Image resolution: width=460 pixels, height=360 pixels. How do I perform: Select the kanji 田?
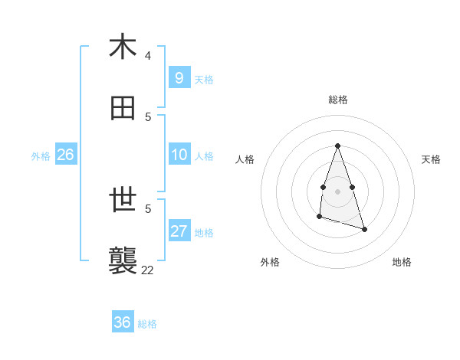[123, 109]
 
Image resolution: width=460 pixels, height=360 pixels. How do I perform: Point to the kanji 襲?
[123, 261]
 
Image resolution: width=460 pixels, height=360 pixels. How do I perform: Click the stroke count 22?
[147, 270]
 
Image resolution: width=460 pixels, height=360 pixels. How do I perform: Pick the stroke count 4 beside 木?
[148, 56]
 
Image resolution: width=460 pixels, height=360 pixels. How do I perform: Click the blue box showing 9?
[179, 78]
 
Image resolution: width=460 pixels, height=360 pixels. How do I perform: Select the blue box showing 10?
[179, 155]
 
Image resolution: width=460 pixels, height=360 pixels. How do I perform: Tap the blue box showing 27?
[179, 231]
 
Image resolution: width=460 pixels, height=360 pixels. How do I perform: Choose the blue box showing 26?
[65, 155]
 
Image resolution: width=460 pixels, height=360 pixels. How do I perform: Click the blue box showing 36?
[122, 322]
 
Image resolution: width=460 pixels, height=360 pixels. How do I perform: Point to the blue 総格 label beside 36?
[147, 324]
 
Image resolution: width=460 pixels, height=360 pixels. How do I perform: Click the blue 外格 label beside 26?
[41, 156]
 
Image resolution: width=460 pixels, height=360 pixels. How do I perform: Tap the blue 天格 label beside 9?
[204, 80]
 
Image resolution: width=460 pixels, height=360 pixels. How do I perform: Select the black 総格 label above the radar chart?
[338, 100]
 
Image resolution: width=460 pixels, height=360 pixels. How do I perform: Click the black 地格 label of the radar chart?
[402, 262]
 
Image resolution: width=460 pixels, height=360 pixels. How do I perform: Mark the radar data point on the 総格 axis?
[337, 146]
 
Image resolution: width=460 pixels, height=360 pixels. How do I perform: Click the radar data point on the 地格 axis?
[364, 229]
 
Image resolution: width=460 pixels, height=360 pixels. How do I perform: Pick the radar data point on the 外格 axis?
[319, 218]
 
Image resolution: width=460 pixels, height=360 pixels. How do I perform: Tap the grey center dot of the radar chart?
[337, 191]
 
